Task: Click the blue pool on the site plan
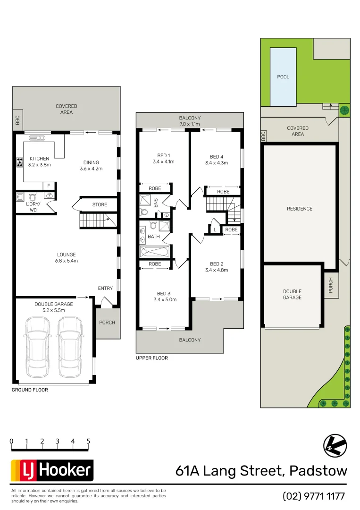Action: pos(283,76)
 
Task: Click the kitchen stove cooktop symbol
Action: pos(21,162)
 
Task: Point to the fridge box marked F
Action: pos(49,186)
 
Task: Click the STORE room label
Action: pos(100,205)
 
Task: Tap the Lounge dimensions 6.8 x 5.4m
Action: pos(67,261)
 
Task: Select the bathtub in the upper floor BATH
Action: pos(154,251)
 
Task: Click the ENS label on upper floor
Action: pos(156,203)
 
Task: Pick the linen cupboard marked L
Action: pos(215,229)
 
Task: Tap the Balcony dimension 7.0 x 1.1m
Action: pos(190,124)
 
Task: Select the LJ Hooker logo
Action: pos(52,470)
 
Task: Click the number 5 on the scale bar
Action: pos(88,441)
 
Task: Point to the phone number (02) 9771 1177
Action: pos(314,496)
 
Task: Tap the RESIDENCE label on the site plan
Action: pos(300,209)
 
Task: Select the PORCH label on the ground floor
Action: pos(107,323)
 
